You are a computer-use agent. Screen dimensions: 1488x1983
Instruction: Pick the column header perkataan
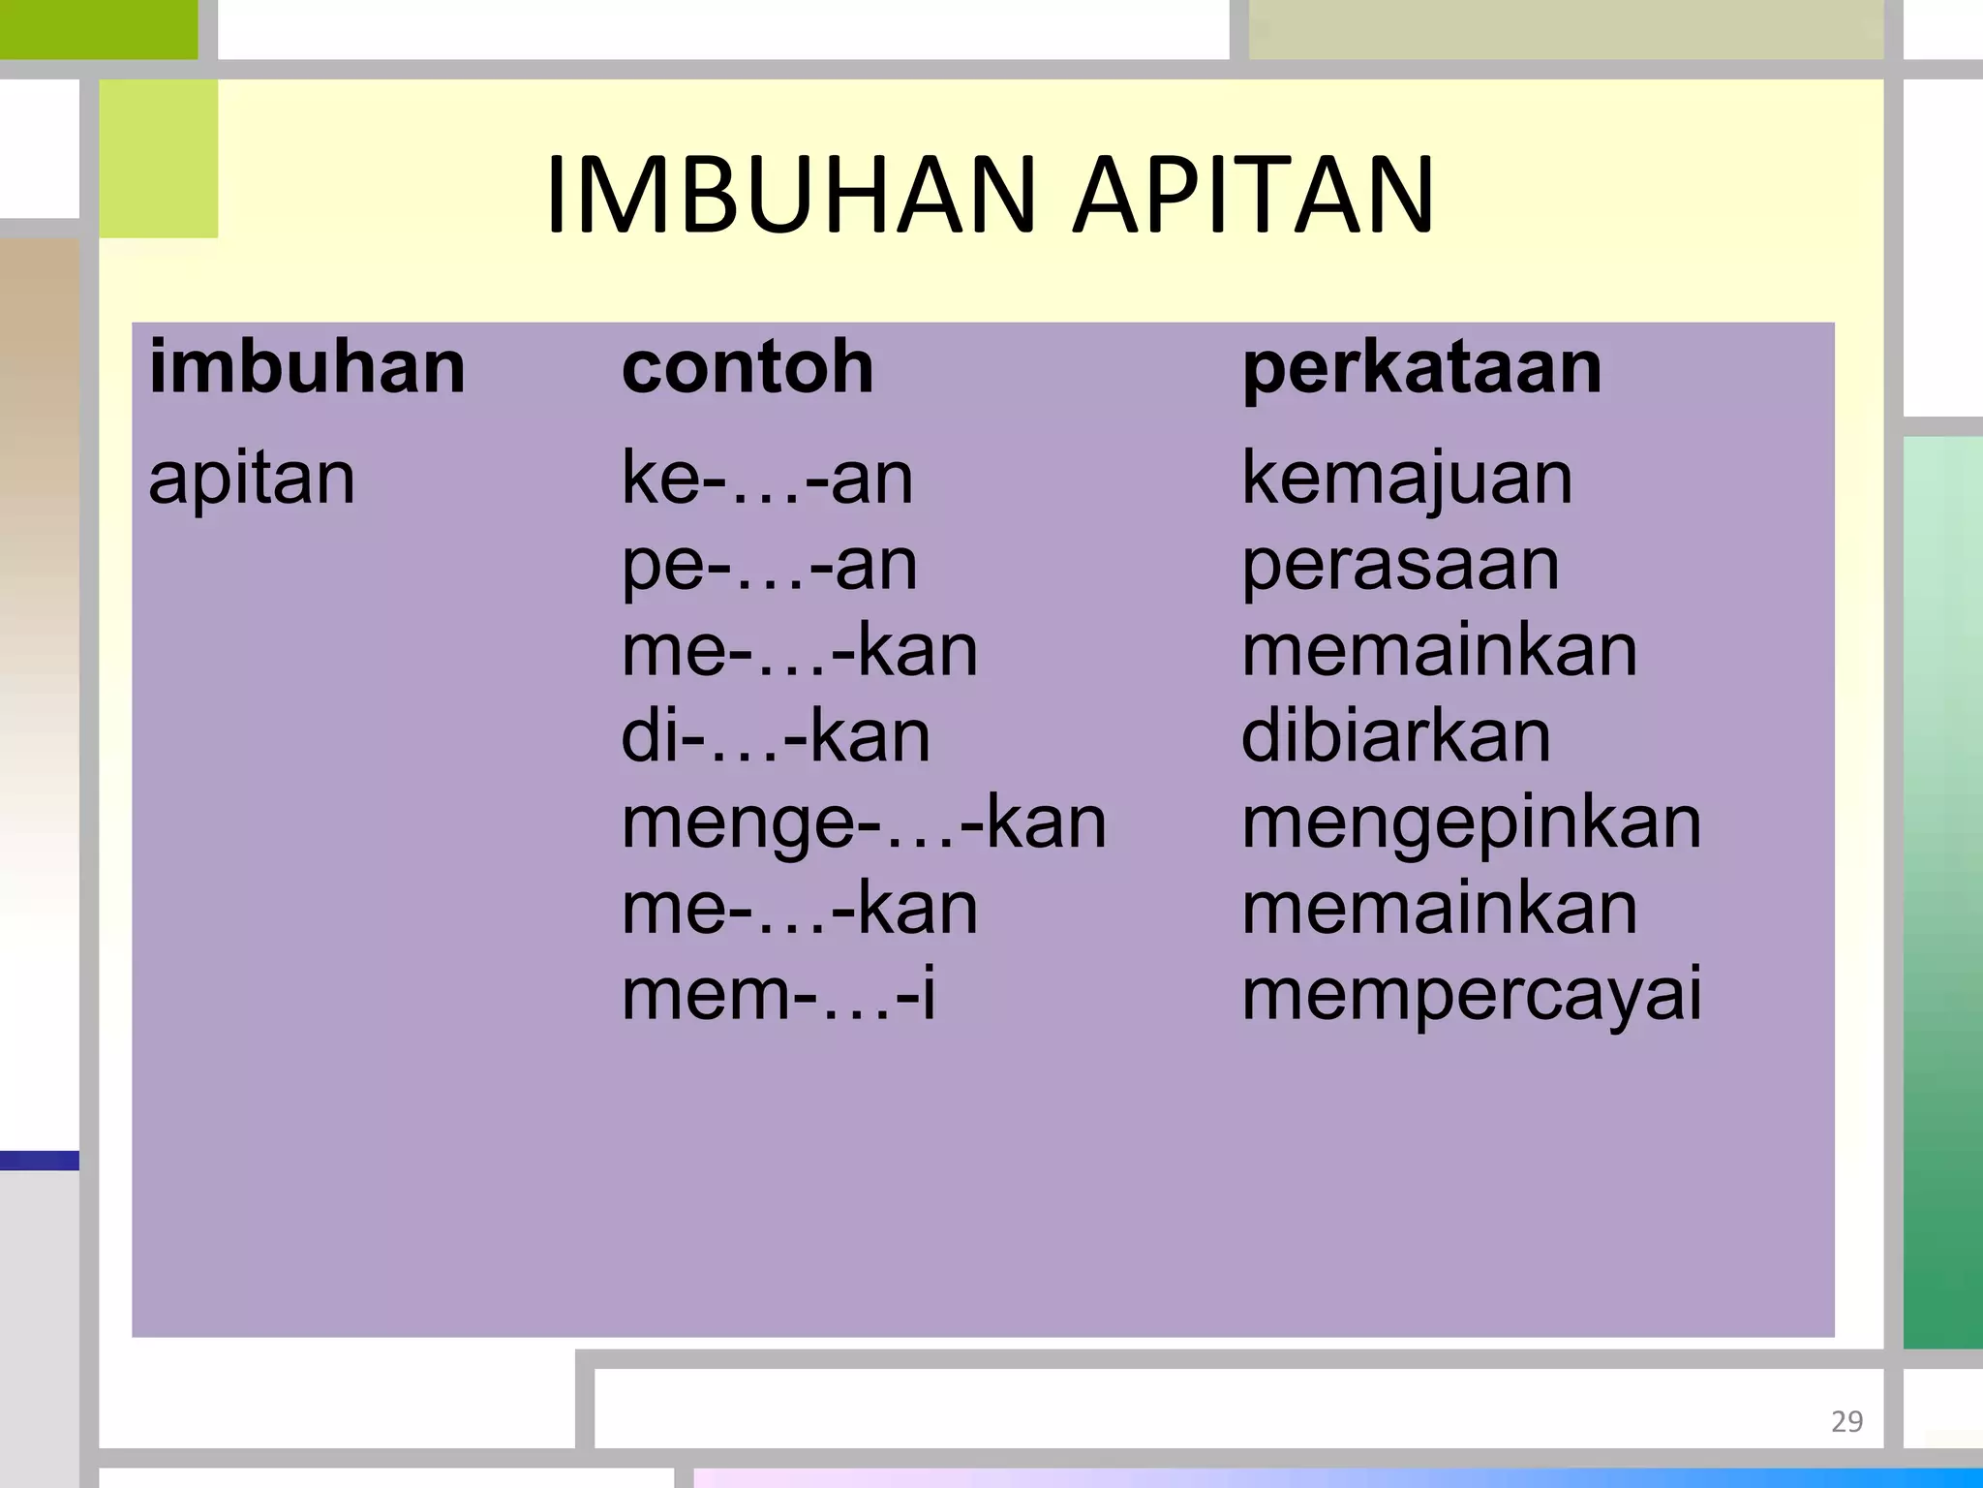click(x=1421, y=368)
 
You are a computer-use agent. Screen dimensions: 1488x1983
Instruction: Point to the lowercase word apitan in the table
click(x=252, y=478)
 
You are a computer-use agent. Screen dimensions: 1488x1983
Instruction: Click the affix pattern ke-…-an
click(x=767, y=478)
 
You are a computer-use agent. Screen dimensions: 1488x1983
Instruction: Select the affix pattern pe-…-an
click(x=769, y=564)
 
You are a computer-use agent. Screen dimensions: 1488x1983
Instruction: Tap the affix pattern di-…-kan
click(x=776, y=736)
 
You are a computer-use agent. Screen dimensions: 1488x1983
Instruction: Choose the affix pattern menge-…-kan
click(x=864, y=822)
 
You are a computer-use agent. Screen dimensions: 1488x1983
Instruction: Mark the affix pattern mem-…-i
click(x=778, y=995)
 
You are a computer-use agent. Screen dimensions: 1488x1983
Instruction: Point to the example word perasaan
click(x=1400, y=564)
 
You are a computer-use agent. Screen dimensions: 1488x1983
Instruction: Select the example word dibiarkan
click(x=1395, y=736)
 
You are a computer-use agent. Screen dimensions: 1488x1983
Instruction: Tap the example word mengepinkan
click(x=1471, y=824)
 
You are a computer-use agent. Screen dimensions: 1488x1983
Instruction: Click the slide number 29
click(x=1846, y=1421)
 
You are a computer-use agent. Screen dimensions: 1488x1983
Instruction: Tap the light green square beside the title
click(x=159, y=159)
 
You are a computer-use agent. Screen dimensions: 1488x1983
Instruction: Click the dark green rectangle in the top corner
click(x=98, y=29)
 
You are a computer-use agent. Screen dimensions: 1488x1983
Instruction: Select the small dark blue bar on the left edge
click(x=39, y=1160)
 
